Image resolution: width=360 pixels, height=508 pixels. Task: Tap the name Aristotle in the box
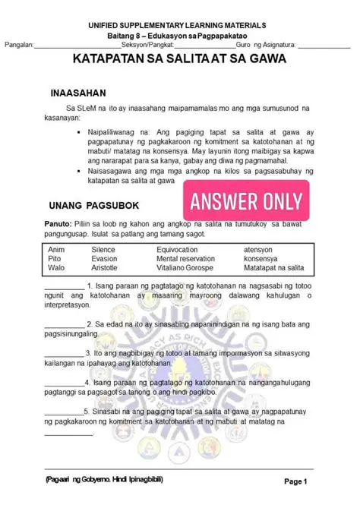pyautogui.click(x=105, y=268)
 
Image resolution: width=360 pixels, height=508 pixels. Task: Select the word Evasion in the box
pyautogui.click(x=104, y=259)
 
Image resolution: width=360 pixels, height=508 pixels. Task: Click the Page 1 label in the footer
pyautogui.click(x=295, y=481)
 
